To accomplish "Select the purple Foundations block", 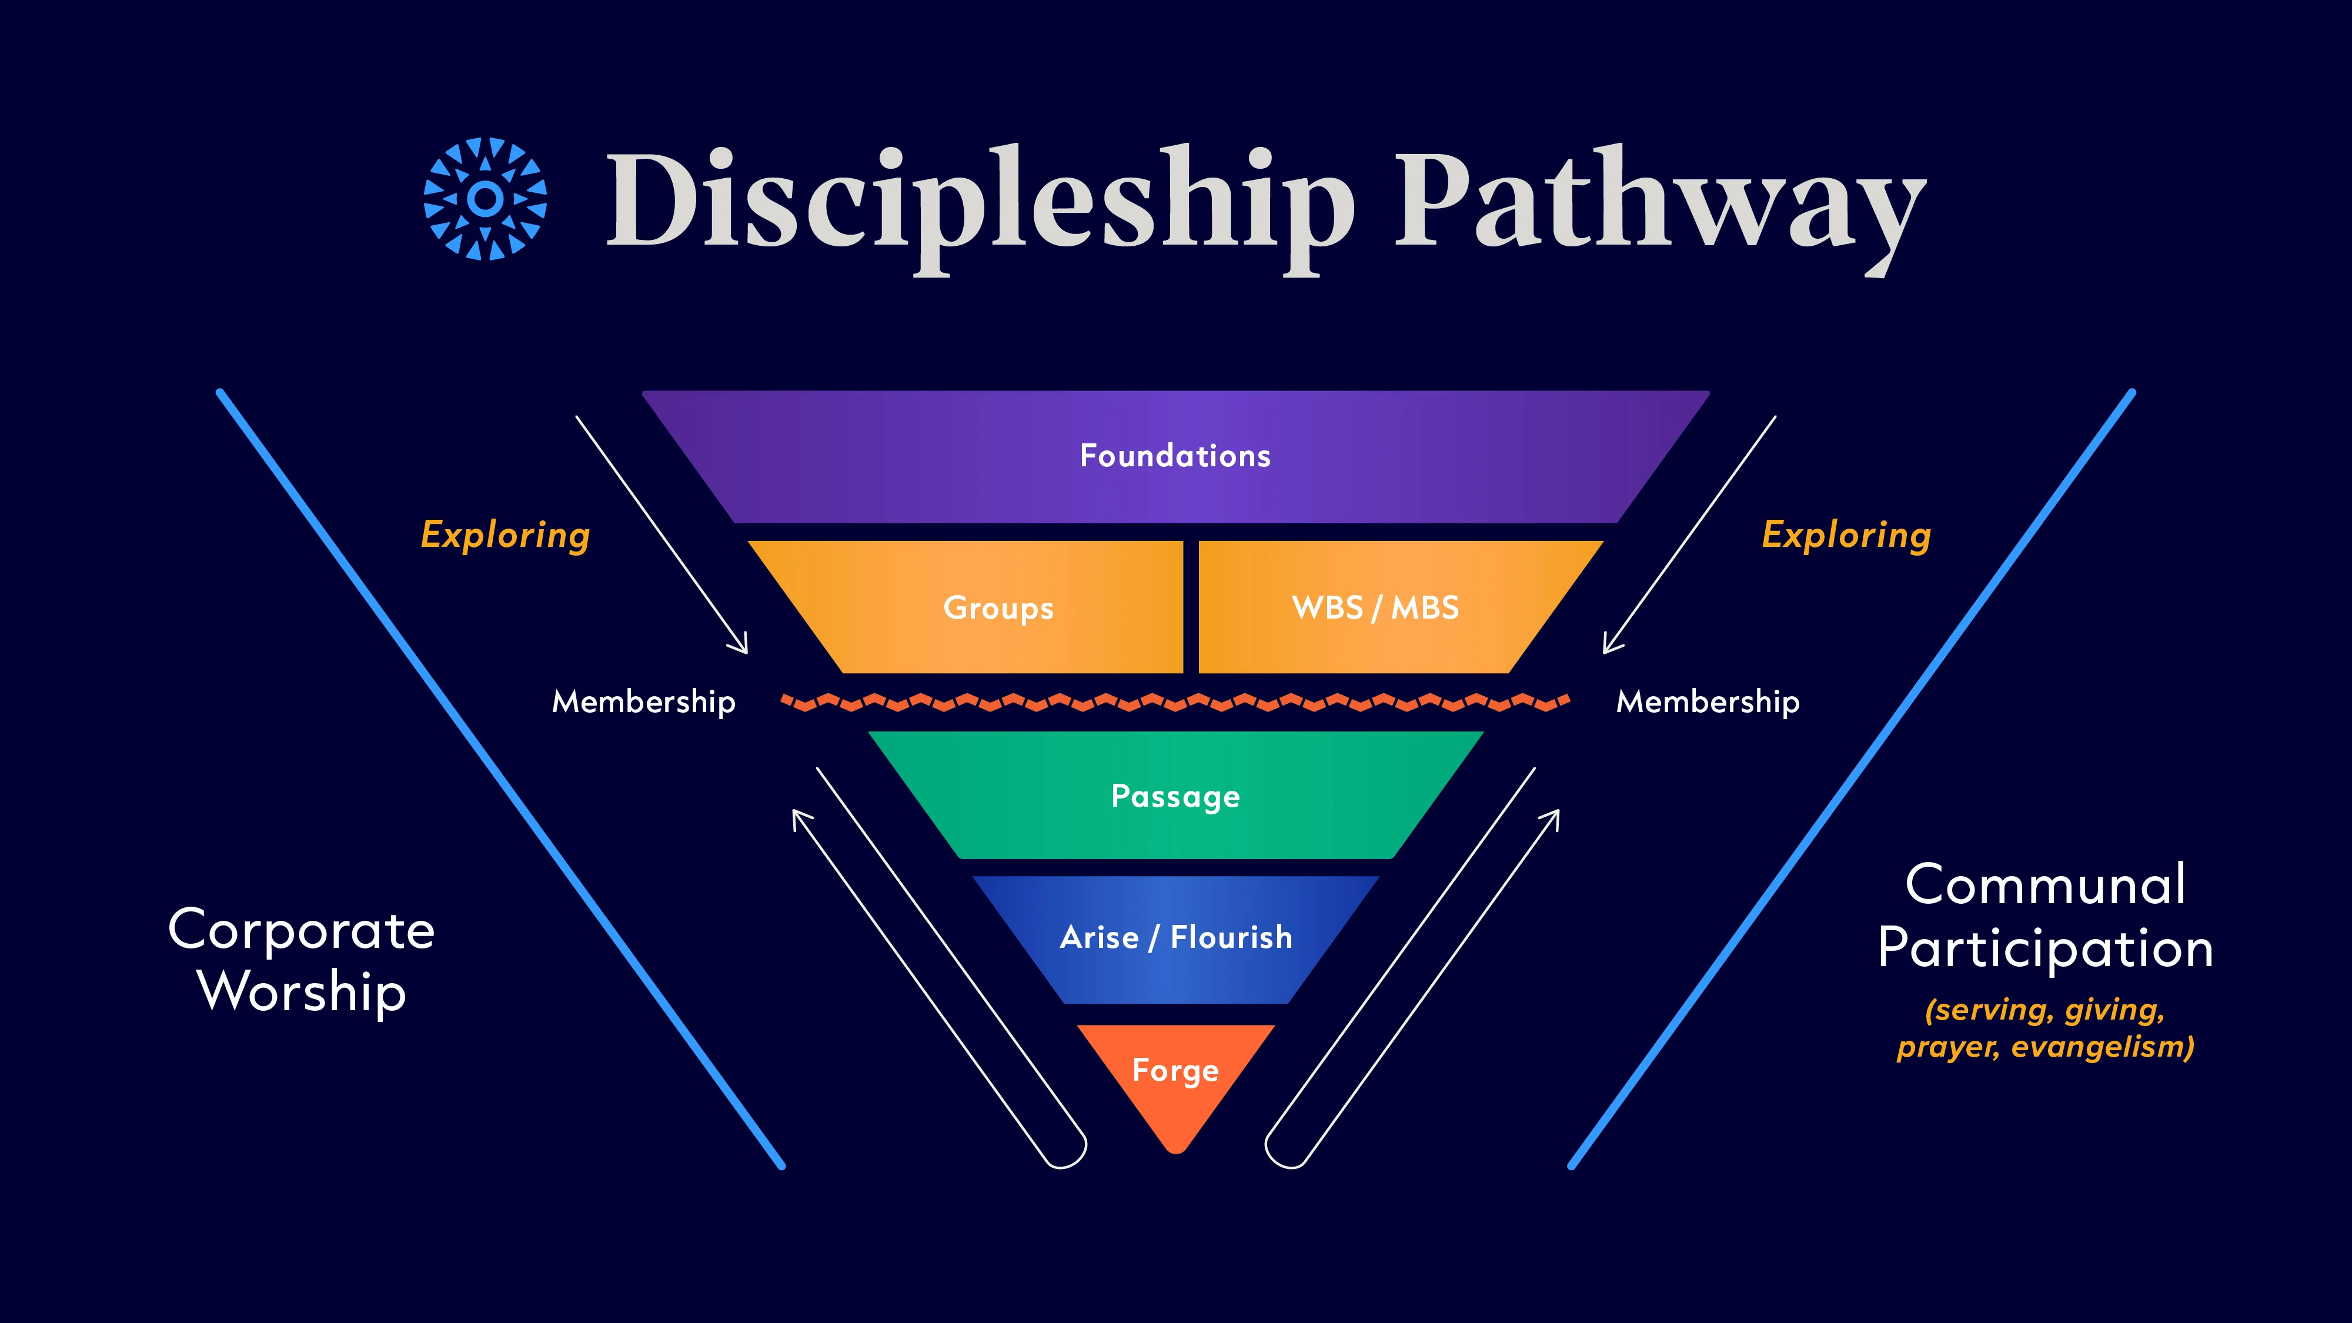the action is pyautogui.click(x=1176, y=456).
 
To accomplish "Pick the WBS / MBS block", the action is pyautogui.click(x=1388, y=607).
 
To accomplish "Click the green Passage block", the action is pyautogui.click(x=1176, y=795).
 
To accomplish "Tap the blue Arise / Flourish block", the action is pyautogui.click(x=1176, y=938).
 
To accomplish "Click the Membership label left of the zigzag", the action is pyautogui.click(x=644, y=701).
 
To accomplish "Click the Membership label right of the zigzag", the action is pyautogui.click(x=1708, y=701).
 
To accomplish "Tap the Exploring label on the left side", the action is pyautogui.click(x=506, y=536).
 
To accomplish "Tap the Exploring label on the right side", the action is pyautogui.click(x=1846, y=536).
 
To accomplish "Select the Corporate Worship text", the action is pyautogui.click(x=301, y=961).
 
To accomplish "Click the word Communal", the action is pyautogui.click(x=2045, y=885).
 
